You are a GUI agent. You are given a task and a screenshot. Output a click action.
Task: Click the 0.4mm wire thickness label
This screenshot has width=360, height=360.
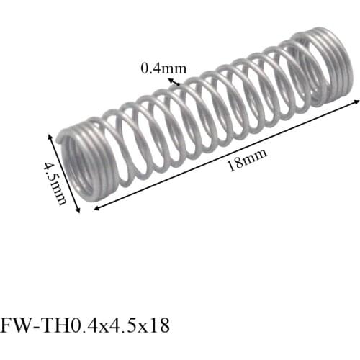point(163,68)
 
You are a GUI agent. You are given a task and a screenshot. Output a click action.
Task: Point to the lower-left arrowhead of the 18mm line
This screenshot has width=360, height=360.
point(96,207)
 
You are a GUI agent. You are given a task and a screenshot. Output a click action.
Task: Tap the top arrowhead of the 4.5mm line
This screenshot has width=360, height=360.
point(50,136)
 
